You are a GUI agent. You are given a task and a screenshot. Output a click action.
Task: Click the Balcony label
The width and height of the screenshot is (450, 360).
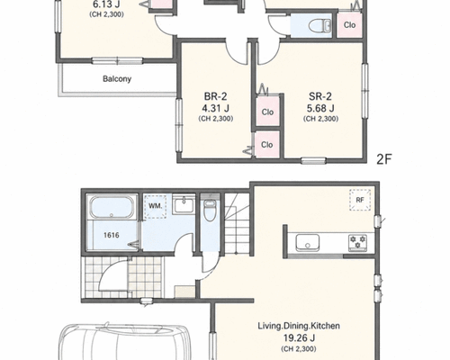tap(117, 79)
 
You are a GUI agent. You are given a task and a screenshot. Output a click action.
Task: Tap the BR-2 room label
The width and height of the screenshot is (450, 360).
tap(215, 96)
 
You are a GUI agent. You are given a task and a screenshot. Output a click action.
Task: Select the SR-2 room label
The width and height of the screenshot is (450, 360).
tap(320, 96)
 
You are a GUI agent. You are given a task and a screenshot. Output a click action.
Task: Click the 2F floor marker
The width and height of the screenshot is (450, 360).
tap(384, 159)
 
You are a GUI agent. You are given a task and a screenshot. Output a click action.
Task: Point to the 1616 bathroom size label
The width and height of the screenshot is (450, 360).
tap(112, 235)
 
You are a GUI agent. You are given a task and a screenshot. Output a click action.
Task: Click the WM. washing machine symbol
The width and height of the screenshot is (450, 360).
tap(155, 206)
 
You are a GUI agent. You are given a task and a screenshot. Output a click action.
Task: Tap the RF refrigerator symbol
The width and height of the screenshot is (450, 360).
tap(360, 200)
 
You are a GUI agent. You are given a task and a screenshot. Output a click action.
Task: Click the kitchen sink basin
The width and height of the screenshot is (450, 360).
tap(308, 242)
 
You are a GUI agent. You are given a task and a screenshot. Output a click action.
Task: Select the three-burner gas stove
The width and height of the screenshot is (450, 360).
tap(357, 242)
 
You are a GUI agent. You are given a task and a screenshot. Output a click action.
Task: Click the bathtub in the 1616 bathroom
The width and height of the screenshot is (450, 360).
tap(112, 208)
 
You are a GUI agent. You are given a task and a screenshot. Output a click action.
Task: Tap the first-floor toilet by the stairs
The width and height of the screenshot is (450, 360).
tap(210, 210)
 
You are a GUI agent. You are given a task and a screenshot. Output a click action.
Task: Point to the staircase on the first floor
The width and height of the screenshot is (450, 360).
tap(238, 224)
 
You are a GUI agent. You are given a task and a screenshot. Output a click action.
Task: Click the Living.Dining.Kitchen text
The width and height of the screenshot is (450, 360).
tap(299, 326)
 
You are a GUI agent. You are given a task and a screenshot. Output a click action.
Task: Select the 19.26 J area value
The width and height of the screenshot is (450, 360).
tap(299, 338)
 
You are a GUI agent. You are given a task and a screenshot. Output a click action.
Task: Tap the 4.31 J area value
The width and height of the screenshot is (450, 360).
tap(216, 108)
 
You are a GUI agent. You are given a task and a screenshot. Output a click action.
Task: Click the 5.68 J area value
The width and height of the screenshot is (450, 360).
tap(320, 108)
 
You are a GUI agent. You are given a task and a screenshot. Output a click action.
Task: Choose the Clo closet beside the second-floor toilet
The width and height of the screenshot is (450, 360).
tap(349, 25)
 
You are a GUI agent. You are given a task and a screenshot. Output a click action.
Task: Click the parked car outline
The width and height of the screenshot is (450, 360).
tap(124, 342)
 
